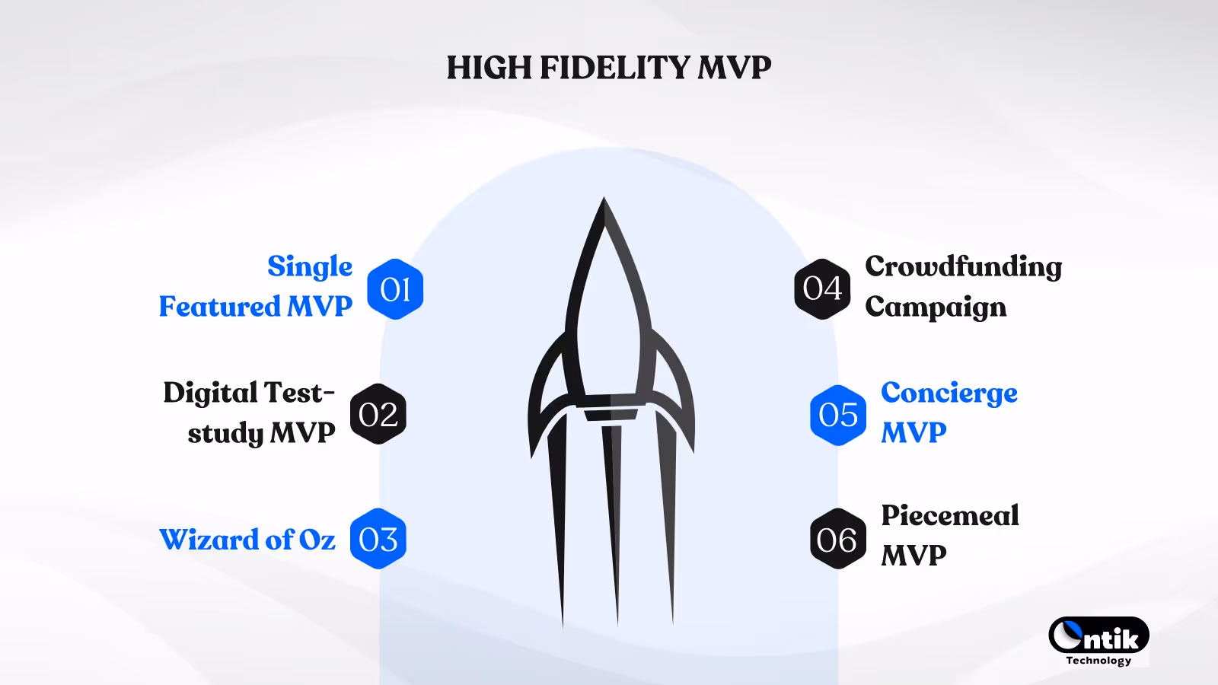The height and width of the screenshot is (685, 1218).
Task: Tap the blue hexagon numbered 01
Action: (x=395, y=289)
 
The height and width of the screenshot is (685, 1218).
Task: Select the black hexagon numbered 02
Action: (x=378, y=414)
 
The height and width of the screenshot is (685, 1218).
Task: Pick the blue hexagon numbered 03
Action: (x=378, y=539)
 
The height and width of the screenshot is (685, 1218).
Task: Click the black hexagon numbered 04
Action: (x=822, y=288)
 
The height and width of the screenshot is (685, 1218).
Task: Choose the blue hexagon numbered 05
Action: (x=838, y=415)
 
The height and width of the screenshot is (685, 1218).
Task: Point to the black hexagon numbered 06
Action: (x=837, y=540)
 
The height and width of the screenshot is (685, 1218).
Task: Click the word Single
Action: (x=310, y=266)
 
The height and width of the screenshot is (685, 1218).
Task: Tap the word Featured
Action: (x=219, y=307)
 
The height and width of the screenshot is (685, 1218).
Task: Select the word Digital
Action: (x=210, y=393)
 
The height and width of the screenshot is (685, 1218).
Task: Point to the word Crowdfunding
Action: (x=963, y=266)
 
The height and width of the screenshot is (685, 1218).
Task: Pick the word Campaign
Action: (x=936, y=307)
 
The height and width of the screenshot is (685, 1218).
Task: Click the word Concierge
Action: (x=949, y=393)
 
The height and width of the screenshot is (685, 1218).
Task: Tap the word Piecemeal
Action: (x=949, y=515)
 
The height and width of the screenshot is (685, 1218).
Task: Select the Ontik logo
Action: (x=1098, y=636)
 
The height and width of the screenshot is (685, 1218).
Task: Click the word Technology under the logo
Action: (x=1098, y=661)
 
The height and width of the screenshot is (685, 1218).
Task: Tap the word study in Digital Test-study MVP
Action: (x=225, y=434)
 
